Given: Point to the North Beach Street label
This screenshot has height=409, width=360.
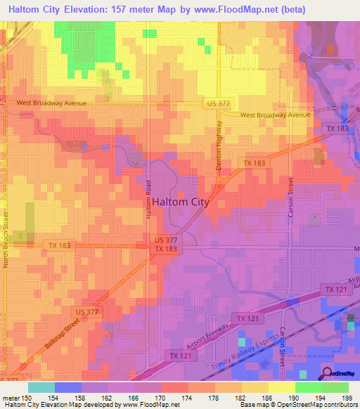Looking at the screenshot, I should (x=6, y=239).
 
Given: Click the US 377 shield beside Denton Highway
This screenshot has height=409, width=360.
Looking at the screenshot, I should (x=217, y=103).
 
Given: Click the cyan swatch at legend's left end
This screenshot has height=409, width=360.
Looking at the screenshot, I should (x=41, y=387).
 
